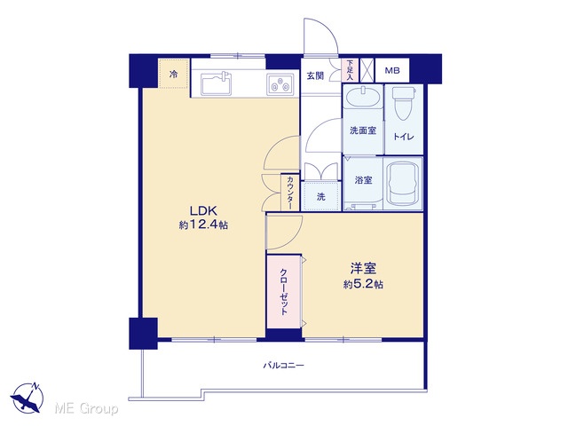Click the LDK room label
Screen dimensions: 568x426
[203, 210]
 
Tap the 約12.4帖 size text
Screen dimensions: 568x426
[203, 225]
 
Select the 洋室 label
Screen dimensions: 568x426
[363, 268]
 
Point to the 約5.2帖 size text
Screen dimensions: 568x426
[363, 284]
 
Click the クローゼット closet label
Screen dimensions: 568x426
[284, 292]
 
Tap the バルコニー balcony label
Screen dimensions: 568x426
[283, 365]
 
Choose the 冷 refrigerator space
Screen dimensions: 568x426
[174, 74]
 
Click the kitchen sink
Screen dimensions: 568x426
[217, 84]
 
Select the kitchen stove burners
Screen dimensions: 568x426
[280, 84]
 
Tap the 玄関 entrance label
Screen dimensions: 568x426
[316, 76]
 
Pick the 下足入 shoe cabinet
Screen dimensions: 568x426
[350, 70]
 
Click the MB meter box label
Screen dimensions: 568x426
[392, 70]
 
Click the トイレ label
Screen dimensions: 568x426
[403, 137]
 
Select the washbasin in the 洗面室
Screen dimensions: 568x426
[363, 97]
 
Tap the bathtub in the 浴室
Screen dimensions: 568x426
[403, 184]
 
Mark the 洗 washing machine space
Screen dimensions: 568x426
[321, 196]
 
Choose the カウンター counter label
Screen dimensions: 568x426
[290, 193]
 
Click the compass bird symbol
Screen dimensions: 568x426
[28, 398]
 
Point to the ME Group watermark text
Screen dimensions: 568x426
[86, 409]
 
